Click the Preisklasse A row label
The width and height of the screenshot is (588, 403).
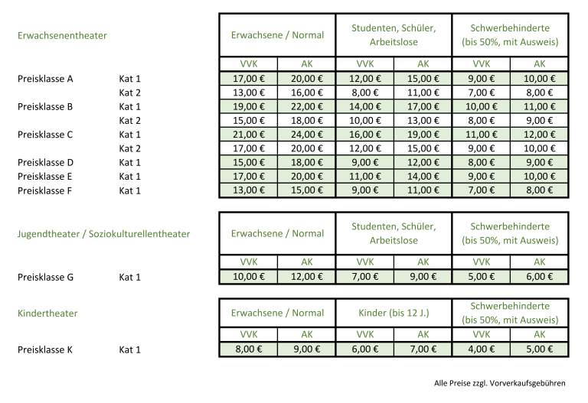[45, 79]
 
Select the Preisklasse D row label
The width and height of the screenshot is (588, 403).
[45, 162]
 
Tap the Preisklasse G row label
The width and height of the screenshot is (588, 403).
[45, 277]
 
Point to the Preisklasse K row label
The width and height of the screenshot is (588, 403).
[45, 349]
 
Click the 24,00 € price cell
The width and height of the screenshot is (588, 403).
[306, 135]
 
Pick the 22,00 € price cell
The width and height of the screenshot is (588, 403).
[306, 106]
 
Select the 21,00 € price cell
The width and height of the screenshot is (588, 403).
[249, 135]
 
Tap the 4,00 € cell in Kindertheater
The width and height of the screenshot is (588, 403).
[481, 349]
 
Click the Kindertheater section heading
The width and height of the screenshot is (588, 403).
[47, 313]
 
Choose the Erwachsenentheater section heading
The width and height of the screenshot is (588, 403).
[62, 35]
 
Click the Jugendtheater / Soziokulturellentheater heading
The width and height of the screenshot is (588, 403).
[103, 233]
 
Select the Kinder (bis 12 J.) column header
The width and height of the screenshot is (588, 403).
[394, 313]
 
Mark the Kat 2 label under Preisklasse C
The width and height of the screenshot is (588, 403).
[130, 148]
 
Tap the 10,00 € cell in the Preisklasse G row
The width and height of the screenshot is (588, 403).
[249, 277]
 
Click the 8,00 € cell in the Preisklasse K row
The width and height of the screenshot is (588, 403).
[249, 349]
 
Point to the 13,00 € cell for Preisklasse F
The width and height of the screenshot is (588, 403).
[249, 190]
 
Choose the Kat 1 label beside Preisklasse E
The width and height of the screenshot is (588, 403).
[130, 177]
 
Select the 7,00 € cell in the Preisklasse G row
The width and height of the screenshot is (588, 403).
[365, 277]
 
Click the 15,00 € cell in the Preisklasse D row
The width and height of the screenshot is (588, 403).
[249, 162]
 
